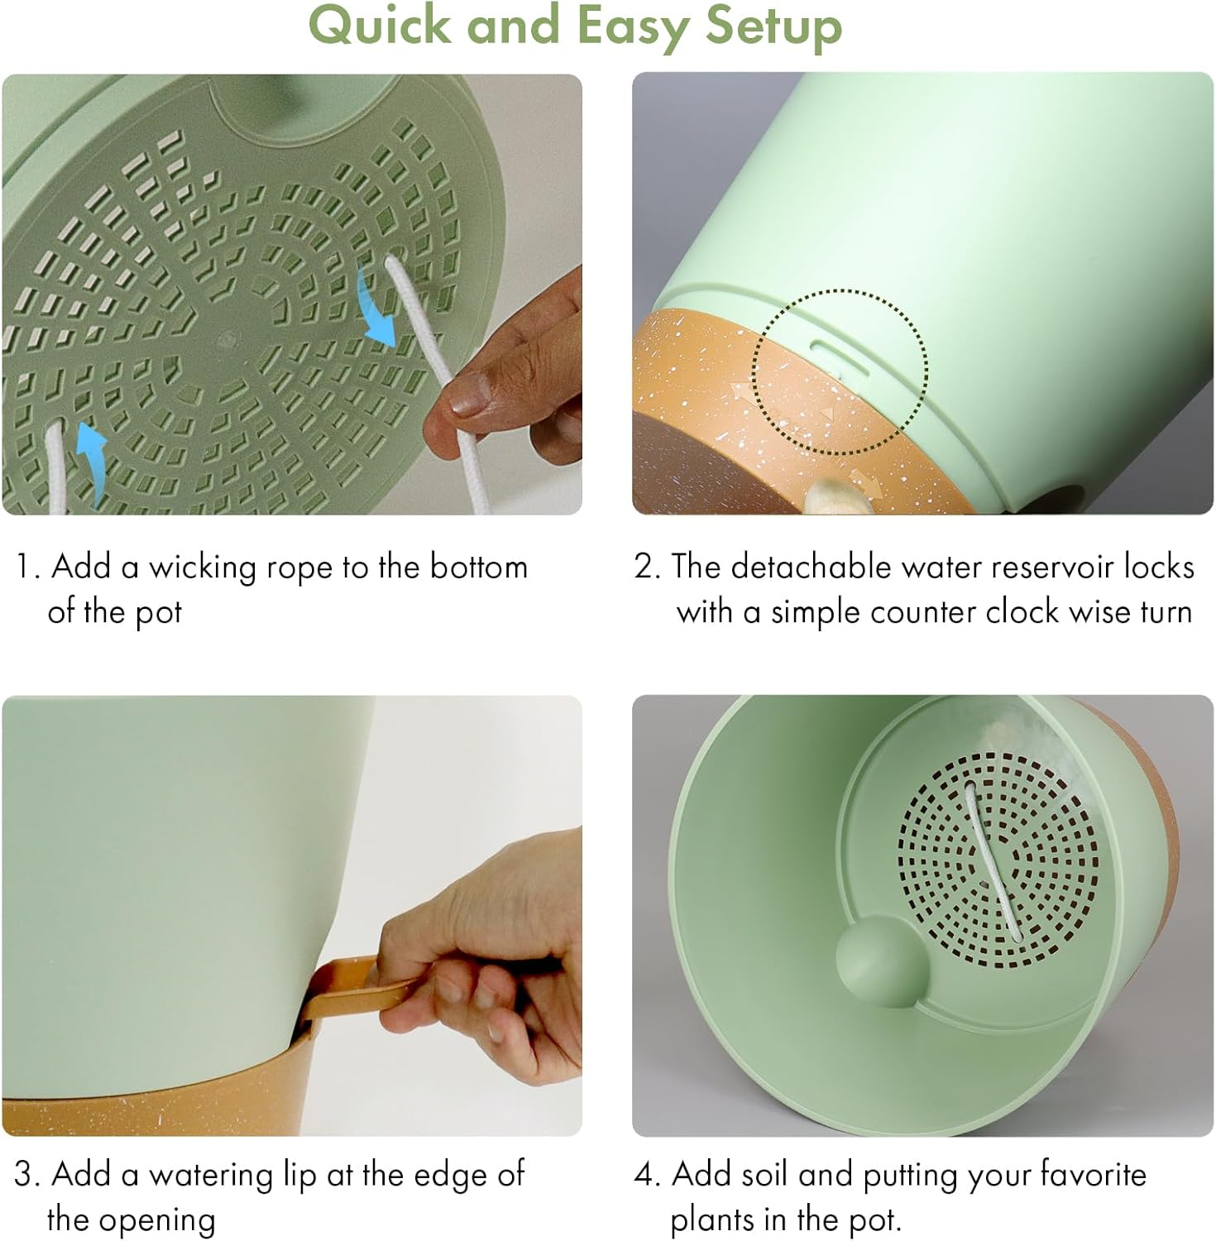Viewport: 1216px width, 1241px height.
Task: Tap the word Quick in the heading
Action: click(380, 25)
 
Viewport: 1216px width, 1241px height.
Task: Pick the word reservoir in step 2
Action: click(1046, 568)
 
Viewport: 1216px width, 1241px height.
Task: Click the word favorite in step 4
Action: click(1094, 1175)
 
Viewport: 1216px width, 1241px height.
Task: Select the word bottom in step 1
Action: click(478, 568)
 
